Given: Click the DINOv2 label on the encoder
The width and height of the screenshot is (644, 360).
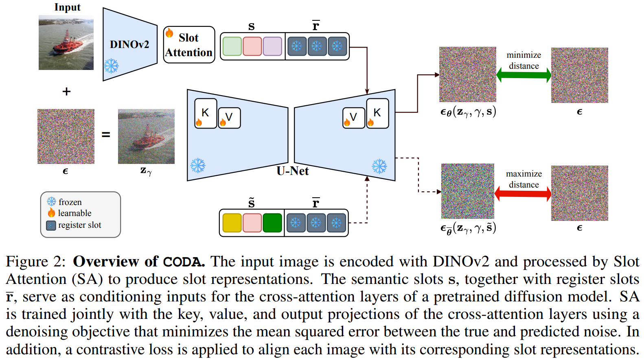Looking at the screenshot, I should click(129, 44).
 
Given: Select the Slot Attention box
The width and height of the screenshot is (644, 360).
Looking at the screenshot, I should click(189, 45).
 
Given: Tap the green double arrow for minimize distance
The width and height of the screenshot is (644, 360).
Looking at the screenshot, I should click(524, 75).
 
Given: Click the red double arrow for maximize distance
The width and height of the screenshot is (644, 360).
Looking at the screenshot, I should click(523, 194).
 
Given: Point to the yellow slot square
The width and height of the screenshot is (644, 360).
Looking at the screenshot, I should click(232, 223).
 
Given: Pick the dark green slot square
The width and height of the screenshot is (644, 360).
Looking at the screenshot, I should click(272, 223).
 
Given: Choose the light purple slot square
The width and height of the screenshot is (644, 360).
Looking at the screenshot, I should click(272, 46).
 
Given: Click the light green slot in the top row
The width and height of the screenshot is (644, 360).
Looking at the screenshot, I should click(232, 46).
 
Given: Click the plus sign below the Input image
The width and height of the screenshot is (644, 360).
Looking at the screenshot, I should click(66, 92).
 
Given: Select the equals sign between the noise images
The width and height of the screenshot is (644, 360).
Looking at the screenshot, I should click(106, 134).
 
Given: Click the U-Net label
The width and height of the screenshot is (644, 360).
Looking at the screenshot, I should click(292, 171).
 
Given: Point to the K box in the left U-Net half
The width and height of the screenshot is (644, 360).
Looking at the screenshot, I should click(206, 113).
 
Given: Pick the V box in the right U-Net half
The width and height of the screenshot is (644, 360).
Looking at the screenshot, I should click(353, 118).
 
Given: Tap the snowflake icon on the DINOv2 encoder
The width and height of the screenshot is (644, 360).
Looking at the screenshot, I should click(111, 65).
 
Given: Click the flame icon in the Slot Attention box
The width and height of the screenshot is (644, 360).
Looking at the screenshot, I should click(169, 33).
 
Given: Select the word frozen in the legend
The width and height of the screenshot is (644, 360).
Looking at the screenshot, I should click(70, 202).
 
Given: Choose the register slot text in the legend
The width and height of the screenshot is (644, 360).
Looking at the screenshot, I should click(79, 225).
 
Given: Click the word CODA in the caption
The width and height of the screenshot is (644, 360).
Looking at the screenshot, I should click(184, 262).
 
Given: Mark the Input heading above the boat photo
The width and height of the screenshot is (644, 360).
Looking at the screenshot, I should click(67, 7).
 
